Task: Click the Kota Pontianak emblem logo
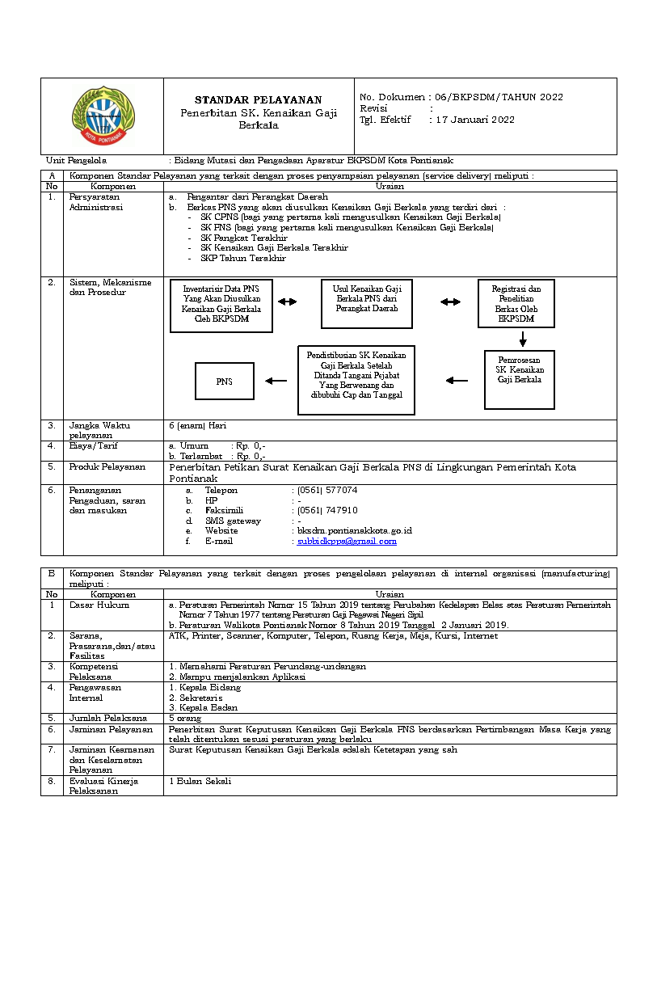(105, 116)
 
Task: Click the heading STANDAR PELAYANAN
(258, 99)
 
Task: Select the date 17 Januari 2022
(475, 120)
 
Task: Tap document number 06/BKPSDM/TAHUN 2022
(499, 97)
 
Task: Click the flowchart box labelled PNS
(225, 382)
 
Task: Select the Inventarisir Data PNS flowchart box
(221, 306)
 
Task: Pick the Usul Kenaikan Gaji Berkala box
(367, 304)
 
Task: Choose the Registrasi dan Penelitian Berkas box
(516, 304)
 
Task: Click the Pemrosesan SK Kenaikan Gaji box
(520, 379)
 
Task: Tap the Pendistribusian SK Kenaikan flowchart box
(356, 380)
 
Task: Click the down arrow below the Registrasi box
(523, 339)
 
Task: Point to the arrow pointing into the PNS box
(276, 381)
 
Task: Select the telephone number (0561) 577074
(327, 490)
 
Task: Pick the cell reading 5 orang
(185, 718)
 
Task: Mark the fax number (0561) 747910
(327, 510)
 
